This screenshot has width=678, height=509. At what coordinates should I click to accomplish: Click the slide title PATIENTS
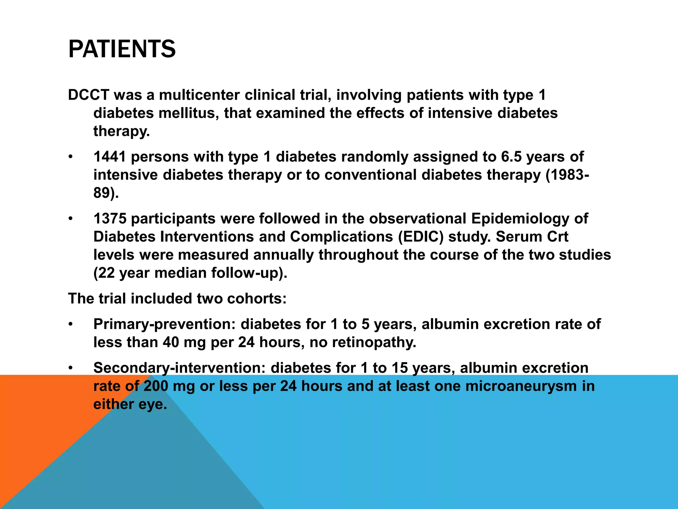(x=122, y=49)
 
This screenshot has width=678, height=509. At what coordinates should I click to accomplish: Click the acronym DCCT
(x=88, y=95)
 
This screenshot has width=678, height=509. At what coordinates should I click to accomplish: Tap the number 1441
(x=110, y=157)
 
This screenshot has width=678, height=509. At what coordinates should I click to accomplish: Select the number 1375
(x=110, y=219)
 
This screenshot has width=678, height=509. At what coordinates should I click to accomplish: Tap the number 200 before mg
(x=156, y=386)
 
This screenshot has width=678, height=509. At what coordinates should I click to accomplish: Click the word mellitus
(x=188, y=113)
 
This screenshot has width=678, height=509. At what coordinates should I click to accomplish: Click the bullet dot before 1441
(x=70, y=157)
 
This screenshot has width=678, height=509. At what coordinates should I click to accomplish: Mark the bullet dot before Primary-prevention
(x=70, y=324)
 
